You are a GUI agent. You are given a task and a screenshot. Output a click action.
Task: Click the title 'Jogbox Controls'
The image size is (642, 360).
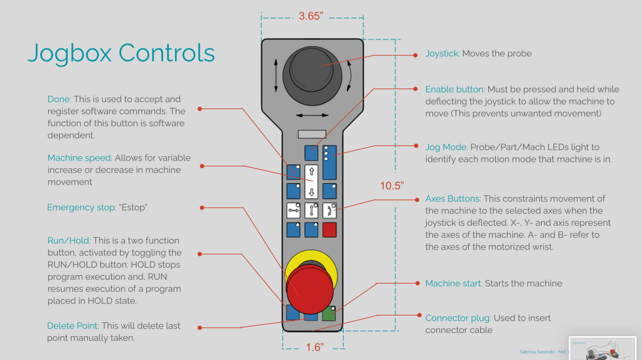point(121,53)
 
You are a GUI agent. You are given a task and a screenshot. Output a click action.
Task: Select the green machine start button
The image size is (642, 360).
point(329,314)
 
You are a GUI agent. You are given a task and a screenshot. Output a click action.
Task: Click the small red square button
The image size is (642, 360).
point(329,230)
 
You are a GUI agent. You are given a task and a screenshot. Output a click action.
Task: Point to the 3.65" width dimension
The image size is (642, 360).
point(311,16)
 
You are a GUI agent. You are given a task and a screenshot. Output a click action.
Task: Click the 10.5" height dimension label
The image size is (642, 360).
point(392,186)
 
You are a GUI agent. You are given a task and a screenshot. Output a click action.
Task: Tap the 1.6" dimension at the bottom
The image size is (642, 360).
point(314,347)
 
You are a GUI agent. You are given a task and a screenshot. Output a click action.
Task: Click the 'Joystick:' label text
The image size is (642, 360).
point(442,54)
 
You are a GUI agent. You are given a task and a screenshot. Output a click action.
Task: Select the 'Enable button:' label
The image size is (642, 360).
point(455,90)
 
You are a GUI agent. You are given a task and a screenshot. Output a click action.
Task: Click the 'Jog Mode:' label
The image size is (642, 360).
point(446,147)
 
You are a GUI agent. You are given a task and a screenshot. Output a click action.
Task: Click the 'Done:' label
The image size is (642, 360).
point(60,99)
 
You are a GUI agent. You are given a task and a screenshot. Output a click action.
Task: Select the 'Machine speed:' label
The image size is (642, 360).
point(80,158)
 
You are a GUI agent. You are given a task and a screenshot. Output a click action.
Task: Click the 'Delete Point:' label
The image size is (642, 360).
point(73,326)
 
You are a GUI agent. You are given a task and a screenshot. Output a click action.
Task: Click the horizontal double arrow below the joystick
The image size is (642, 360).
point(312,115)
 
